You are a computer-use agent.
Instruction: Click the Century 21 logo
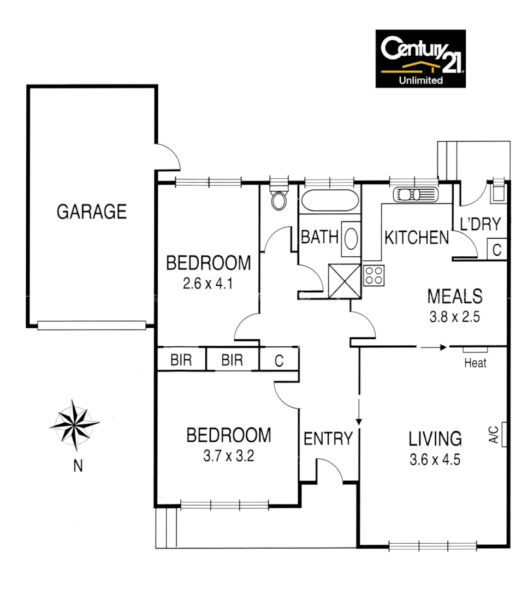pos(420,58)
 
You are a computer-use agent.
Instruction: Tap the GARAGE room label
pos(92,211)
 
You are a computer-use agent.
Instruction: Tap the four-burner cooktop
pos(374,274)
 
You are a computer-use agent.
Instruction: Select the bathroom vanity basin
pos(351,238)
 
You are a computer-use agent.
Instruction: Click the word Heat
pos(475,363)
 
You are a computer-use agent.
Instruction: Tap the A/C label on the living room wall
pos(493,435)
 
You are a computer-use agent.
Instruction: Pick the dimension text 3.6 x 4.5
pos(435,459)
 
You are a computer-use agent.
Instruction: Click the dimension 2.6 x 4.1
pos(209,284)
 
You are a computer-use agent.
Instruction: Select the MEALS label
pos(455,297)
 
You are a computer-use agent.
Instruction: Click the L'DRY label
pos(481,225)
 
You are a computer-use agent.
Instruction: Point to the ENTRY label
pos(328,438)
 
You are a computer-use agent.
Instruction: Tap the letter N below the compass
pos(78,466)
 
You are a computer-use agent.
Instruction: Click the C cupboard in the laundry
pos(497,250)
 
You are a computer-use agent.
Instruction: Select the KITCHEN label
pos(417,238)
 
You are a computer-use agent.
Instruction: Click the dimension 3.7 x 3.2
pos(229,455)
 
